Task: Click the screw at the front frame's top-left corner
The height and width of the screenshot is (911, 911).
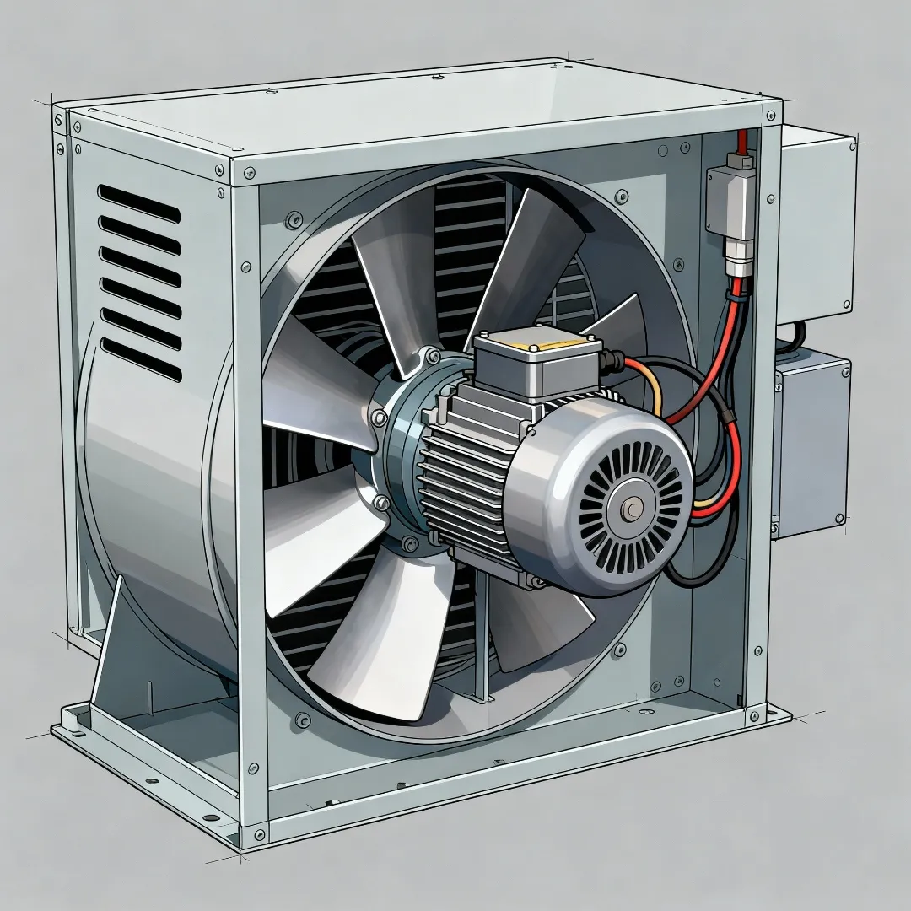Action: pos(249,175)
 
